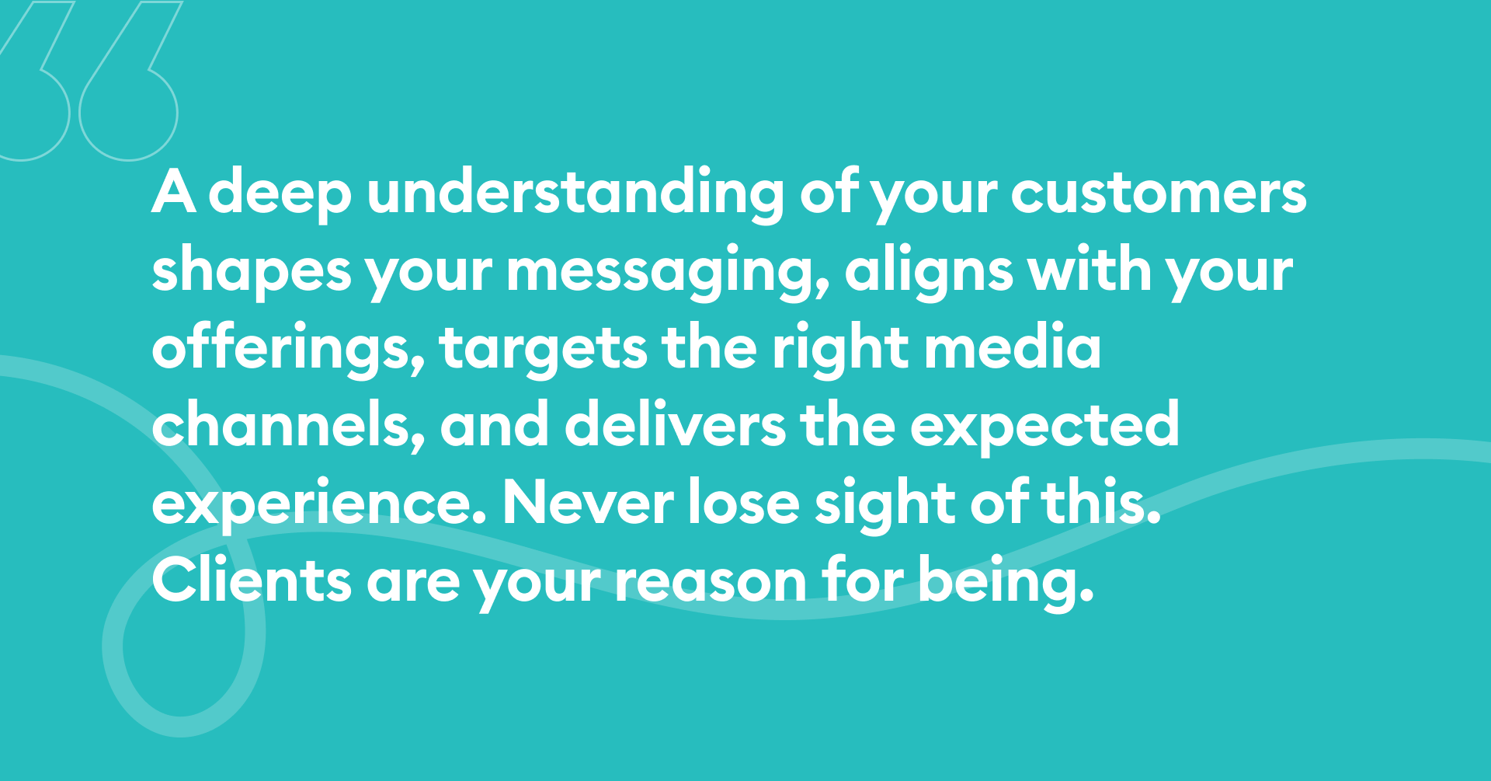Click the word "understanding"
click(575, 194)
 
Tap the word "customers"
click(1159, 194)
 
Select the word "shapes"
click(252, 272)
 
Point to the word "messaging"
click(668, 272)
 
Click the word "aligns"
click(929, 272)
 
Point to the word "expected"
click(1044, 427)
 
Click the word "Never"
click(588, 504)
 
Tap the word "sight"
click(885, 505)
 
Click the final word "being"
click(1006, 583)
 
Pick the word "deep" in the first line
click(280, 194)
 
